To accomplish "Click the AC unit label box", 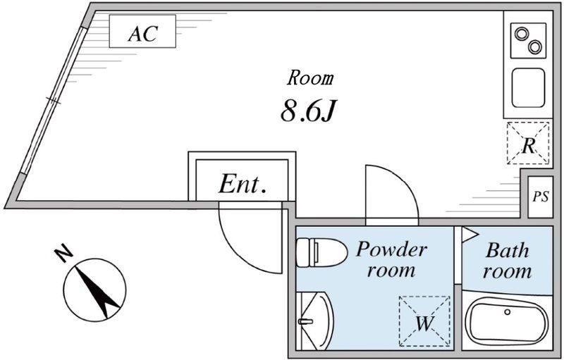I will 142,32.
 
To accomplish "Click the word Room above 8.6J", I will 310,77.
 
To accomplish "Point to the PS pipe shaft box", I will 540,197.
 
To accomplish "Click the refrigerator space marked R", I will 528,143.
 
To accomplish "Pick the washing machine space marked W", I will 423,321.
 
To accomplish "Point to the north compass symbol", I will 94,289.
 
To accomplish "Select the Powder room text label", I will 391,259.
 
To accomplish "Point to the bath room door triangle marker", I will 470,234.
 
